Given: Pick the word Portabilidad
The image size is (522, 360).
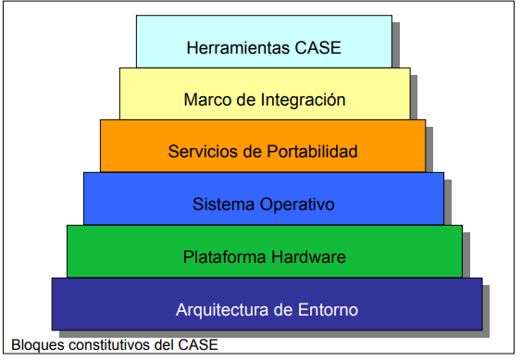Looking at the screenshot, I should click(305, 151).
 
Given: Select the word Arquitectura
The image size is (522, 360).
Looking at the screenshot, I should click(220, 308).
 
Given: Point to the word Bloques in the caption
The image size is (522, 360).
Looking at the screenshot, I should click(31, 346).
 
